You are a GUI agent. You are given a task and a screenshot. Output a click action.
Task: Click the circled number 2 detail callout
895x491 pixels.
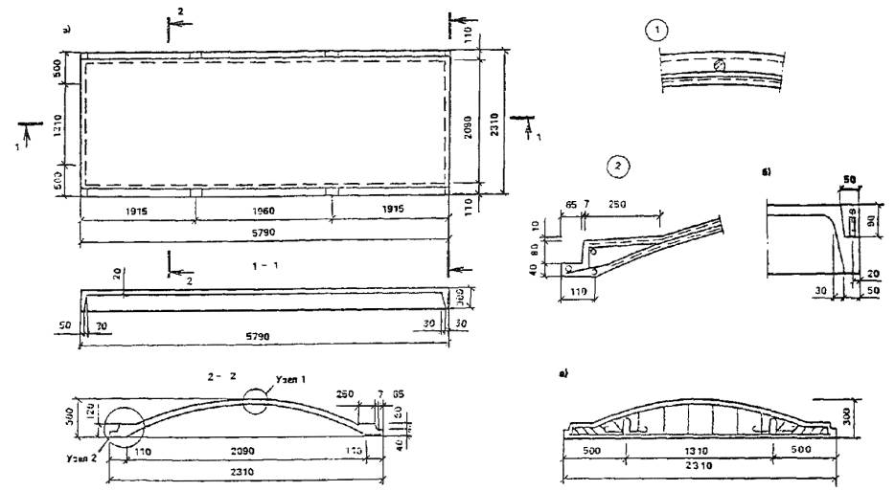coord(619,166)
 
